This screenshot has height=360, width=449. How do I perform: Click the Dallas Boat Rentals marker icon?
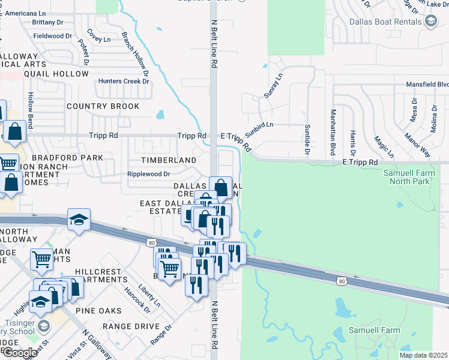click(430, 22)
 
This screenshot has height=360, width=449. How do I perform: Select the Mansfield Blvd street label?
click(427, 85)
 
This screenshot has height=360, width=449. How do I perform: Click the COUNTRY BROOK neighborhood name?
click(103, 106)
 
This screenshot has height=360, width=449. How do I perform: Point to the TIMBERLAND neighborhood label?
click(168, 160)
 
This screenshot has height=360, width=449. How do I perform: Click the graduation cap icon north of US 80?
click(79, 221)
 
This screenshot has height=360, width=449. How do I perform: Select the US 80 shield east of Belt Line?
click(342, 281)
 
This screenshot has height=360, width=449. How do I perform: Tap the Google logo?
click(19, 353)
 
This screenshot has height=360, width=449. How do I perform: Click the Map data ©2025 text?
click(423, 355)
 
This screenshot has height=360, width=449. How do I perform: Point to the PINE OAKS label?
click(99, 311)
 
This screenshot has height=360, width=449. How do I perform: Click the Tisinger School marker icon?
click(43, 326)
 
